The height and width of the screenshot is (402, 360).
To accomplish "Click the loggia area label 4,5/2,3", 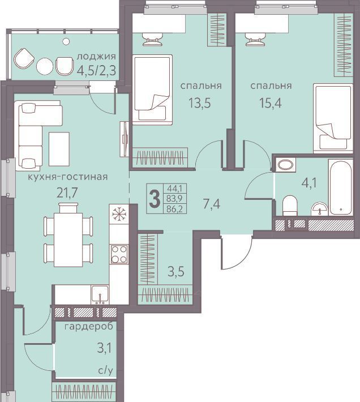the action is [96, 70].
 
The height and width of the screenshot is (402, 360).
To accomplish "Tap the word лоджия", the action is [96, 57].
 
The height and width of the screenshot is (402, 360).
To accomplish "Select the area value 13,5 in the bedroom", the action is [199, 103].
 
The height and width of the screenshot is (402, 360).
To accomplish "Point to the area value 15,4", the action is [271, 103].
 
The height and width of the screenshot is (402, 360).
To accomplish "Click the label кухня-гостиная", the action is [68, 177].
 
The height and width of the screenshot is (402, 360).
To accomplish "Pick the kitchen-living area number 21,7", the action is [67, 193].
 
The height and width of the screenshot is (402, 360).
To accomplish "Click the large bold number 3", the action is [155, 199].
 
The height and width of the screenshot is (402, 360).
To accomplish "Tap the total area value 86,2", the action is [174, 209].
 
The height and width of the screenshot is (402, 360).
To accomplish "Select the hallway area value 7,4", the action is [212, 204].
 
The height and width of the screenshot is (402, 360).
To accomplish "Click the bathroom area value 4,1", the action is [309, 183].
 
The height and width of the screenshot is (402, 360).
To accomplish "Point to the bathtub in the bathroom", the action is [341, 187].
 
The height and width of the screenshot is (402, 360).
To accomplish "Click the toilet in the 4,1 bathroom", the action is [290, 206].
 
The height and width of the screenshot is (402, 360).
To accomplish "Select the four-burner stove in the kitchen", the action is [119, 254].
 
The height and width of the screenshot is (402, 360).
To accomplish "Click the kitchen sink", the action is [100, 294].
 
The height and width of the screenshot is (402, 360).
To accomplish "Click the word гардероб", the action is [89, 327].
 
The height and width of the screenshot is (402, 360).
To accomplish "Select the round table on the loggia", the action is [45, 66].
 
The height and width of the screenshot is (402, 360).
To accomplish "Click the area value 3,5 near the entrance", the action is [176, 272].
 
